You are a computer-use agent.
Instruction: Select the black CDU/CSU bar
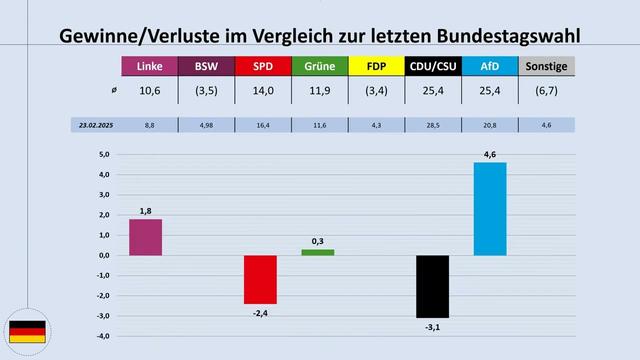[433, 286]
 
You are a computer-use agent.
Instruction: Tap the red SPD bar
[261, 279]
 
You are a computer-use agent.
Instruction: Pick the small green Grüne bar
[318, 252]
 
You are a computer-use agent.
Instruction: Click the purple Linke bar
[145, 237]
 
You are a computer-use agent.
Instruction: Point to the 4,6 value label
[490, 153]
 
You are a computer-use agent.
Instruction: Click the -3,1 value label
[433, 326]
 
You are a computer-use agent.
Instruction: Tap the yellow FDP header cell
[375, 67]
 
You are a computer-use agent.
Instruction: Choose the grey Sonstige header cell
[547, 67]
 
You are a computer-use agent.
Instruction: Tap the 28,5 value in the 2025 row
[433, 126]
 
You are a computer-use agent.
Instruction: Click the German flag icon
[26, 332]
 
